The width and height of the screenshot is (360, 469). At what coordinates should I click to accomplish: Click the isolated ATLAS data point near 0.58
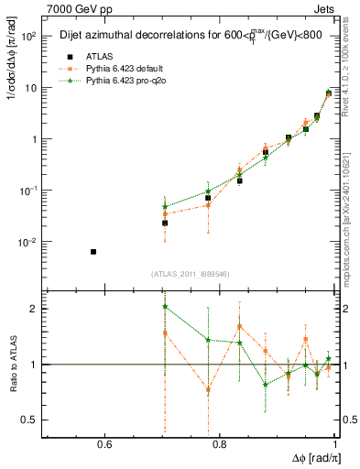tap(93, 251)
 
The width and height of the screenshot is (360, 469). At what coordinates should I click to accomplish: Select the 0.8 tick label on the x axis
tap(219, 446)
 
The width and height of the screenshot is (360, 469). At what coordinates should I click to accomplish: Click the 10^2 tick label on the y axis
tap(27, 37)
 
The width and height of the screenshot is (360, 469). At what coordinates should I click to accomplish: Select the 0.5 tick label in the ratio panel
tap(29, 420)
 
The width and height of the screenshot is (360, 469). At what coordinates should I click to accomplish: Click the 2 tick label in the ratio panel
tap(34, 308)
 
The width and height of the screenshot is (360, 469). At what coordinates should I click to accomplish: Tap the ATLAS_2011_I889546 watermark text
tap(191, 273)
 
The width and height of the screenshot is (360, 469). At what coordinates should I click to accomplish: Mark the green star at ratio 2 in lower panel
tap(165, 308)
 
